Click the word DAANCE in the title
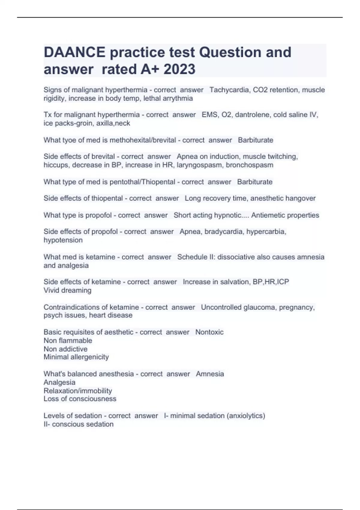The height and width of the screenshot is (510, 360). [x=74, y=52]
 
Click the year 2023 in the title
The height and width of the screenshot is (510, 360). [x=179, y=69]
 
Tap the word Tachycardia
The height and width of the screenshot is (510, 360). [x=229, y=90]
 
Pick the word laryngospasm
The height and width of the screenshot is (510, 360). [x=199, y=165]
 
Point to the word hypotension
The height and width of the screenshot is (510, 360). [x=63, y=240]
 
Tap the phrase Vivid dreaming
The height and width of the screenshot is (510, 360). [x=67, y=290]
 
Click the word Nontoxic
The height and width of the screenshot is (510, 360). [x=209, y=332]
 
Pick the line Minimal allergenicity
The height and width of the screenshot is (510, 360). [x=76, y=357]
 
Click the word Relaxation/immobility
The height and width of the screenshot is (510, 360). [x=78, y=391]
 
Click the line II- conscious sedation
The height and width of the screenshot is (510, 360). [x=79, y=424]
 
